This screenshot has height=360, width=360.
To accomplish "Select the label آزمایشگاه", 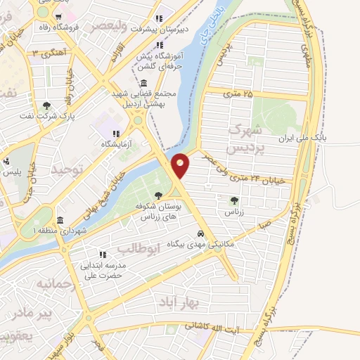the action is pyautogui.click(x=116, y=143).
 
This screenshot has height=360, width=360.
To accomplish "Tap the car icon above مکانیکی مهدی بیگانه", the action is pyautogui.click(x=201, y=232).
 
